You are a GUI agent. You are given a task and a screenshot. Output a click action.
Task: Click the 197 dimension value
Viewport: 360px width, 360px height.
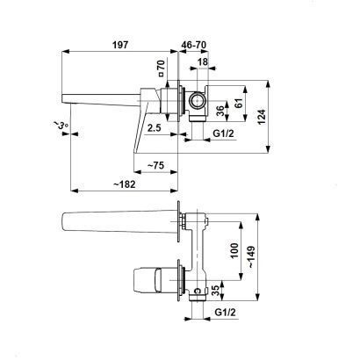(x=120, y=45)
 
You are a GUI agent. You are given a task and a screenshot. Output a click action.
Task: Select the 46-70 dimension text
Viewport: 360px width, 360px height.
(x=193, y=45)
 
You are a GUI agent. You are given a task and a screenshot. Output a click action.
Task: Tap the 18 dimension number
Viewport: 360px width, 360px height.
(x=203, y=61)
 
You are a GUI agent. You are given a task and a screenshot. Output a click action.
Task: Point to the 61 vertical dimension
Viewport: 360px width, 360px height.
(x=239, y=103)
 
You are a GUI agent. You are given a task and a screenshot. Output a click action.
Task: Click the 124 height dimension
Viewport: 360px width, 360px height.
(x=262, y=117)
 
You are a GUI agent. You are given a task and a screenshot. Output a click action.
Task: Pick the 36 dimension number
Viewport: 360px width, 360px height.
(x=221, y=111)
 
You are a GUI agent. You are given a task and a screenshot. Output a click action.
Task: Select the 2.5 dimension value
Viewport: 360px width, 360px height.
(x=155, y=127)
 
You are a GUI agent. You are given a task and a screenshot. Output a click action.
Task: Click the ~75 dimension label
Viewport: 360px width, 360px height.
(x=155, y=166)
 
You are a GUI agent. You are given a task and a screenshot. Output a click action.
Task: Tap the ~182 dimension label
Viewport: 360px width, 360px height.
(x=124, y=184)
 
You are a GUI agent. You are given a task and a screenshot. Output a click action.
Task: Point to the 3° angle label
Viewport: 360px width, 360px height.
(x=61, y=125)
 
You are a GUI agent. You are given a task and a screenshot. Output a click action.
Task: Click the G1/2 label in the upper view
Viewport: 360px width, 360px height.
(x=223, y=133)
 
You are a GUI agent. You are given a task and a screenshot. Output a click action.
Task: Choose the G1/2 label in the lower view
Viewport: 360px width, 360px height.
(x=225, y=313)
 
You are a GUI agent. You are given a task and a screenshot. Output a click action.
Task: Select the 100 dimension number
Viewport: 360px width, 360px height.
(x=234, y=250)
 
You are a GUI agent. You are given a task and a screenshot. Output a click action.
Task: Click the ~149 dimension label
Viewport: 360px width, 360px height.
(x=251, y=256)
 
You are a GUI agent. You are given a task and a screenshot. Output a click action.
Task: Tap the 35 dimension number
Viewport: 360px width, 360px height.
(x=215, y=291)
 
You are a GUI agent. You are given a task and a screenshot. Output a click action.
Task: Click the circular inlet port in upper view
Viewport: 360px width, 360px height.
(x=197, y=100)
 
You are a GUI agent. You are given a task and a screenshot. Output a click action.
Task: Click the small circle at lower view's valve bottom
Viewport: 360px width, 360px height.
(x=198, y=291)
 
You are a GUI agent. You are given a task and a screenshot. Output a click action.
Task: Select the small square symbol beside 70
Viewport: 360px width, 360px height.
(x=162, y=75)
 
